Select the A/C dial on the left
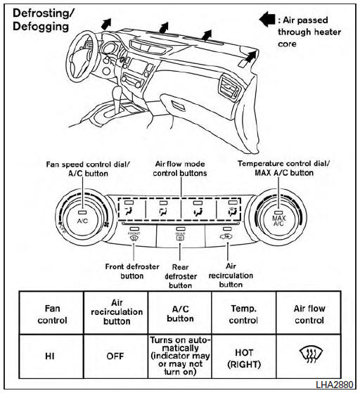[x=82, y=216]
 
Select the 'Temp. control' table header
[x=243, y=314]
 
